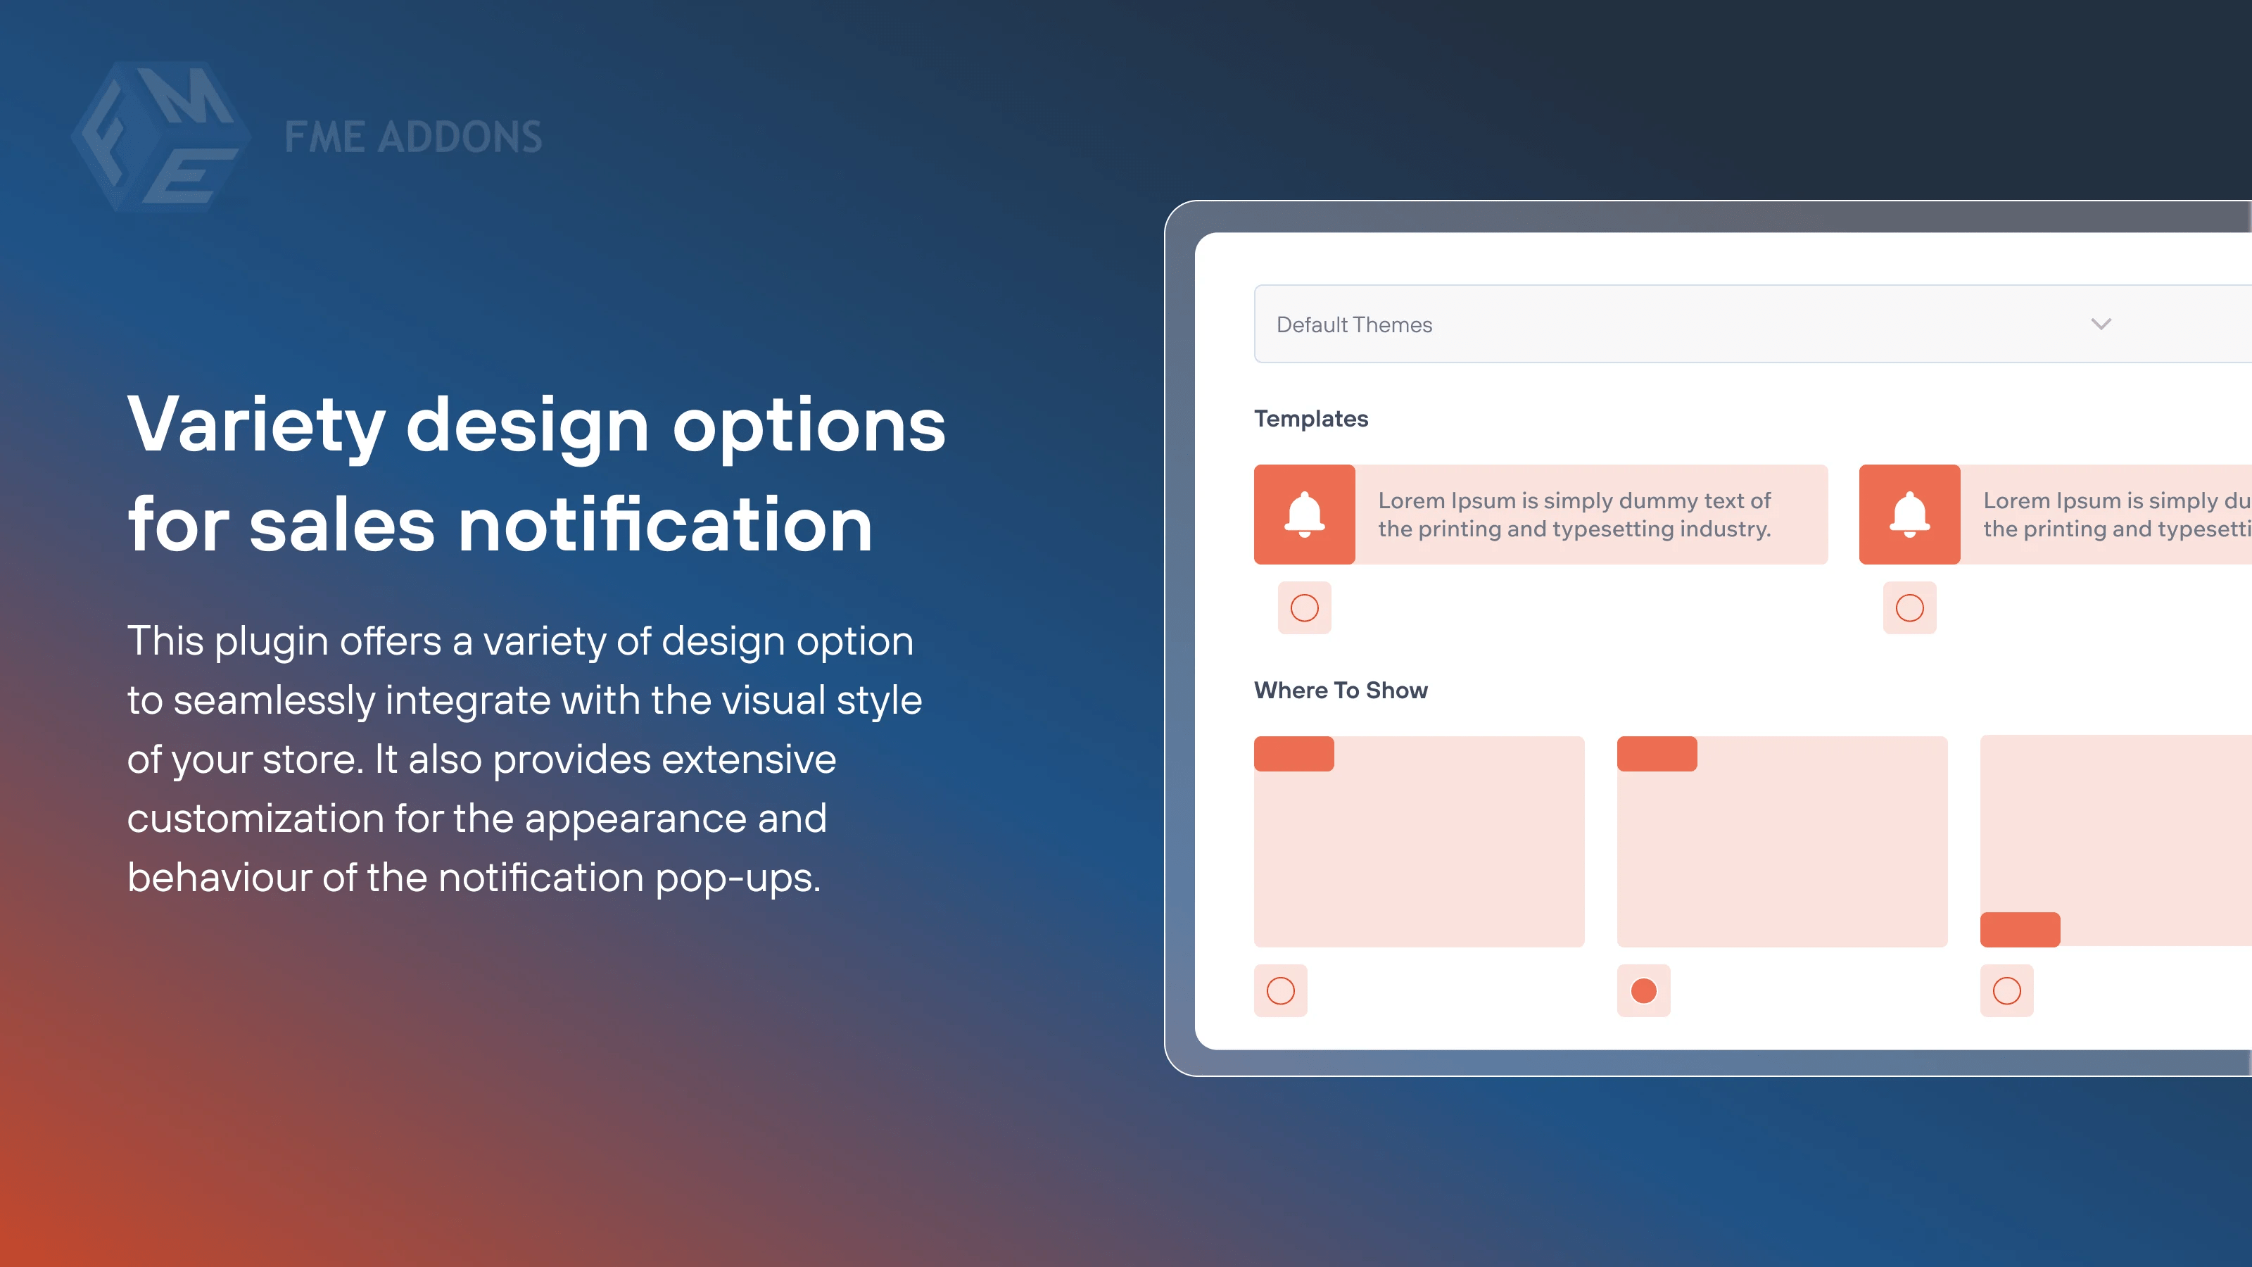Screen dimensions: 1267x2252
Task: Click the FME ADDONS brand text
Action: (x=412, y=137)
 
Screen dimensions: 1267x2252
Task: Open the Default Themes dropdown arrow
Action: (x=2101, y=324)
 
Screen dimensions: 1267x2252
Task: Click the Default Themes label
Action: (x=1354, y=325)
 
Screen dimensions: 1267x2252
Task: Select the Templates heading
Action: (x=1310, y=419)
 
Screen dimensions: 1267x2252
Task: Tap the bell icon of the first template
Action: (x=1304, y=514)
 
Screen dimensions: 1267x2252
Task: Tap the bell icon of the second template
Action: (x=1909, y=514)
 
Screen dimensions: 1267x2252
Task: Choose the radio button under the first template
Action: (x=1304, y=607)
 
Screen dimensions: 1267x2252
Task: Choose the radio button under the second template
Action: (x=1909, y=607)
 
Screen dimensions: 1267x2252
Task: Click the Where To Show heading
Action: (x=1340, y=691)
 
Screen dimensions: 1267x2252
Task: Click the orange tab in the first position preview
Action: (x=1294, y=754)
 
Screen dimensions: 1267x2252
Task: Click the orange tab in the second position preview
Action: (x=1657, y=754)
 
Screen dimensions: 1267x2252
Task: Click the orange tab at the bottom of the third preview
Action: (x=2020, y=929)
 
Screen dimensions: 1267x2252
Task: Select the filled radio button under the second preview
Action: (x=1643, y=990)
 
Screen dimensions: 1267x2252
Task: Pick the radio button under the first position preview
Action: (x=1281, y=990)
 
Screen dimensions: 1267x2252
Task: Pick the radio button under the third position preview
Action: (x=2006, y=990)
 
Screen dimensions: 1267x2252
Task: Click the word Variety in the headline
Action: (x=256, y=426)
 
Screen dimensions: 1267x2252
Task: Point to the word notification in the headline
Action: (x=665, y=526)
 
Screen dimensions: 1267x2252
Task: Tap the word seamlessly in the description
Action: (x=274, y=700)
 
